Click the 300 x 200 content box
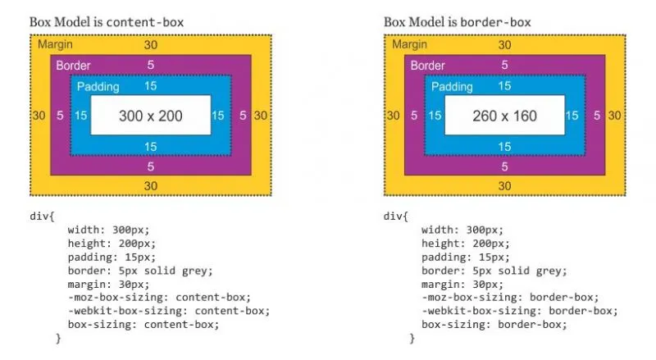click(x=150, y=116)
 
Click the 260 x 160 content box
click(x=504, y=116)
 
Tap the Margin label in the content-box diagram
click(x=56, y=44)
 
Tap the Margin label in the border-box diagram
click(x=409, y=44)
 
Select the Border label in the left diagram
click(x=74, y=65)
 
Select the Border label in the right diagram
click(x=428, y=65)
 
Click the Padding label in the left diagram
click(x=98, y=86)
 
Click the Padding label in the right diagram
click(x=452, y=86)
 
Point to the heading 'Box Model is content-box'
click(x=106, y=21)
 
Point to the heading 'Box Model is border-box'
click(x=457, y=21)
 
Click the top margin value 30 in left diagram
click(x=150, y=45)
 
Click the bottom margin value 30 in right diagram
click(x=504, y=186)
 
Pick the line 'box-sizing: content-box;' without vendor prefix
click(x=143, y=324)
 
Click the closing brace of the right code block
click(x=412, y=338)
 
